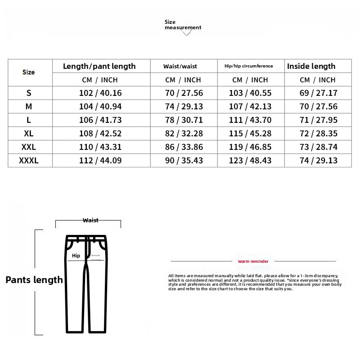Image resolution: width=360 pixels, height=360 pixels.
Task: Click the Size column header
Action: coord(28,72)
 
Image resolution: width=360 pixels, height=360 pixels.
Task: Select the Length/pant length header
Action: coord(99,66)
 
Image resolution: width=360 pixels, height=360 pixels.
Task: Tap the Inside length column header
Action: coord(311,66)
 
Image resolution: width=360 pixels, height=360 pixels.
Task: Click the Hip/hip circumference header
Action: coord(248,66)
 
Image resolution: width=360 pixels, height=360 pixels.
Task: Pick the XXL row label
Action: coord(29,147)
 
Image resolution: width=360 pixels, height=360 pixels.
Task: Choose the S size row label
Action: coord(29,93)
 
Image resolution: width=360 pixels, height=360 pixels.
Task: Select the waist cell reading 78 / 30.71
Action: coord(184,120)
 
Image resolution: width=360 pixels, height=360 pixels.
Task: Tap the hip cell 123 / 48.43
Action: coord(251,161)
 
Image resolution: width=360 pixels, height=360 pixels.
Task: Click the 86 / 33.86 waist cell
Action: coord(184,147)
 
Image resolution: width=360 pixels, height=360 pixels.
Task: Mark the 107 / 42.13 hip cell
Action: coord(251,107)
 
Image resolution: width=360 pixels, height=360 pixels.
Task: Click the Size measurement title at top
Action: coord(182,25)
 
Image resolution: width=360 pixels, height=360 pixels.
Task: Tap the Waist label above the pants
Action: coord(90,220)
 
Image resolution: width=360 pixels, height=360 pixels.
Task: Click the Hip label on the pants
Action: coord(76,256)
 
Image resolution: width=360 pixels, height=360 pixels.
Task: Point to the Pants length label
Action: coord(34,280)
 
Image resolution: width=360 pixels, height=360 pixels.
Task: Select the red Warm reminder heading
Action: coord(253,261)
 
